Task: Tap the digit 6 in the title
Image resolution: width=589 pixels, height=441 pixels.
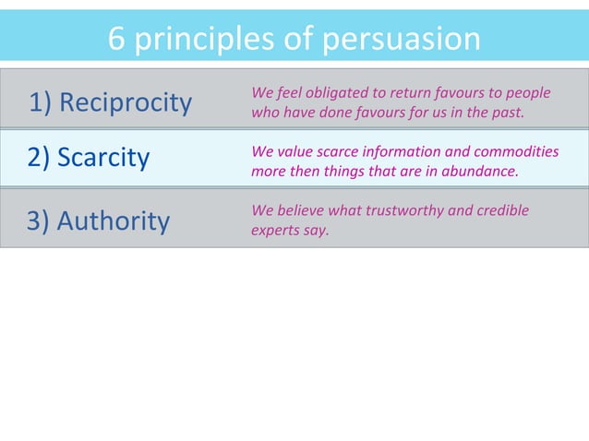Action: pyautogui.click(x=116, y=39)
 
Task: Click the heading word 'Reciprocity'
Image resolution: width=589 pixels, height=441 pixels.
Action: pyautogui.click(x=126, y=102)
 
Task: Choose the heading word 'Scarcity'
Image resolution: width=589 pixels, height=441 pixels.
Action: pyautogui.click(x=103, y=158)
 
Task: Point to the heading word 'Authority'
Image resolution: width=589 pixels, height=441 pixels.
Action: pyautogui.click(x=114, y=221)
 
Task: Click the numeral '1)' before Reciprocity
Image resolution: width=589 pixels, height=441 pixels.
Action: pyautogui.click(x=41, y=102)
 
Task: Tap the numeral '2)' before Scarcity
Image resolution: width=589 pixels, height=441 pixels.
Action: pyautogui.click(x=40, y=158)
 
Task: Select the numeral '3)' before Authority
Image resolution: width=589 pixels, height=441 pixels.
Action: pyautogui.click(x=40, y=221)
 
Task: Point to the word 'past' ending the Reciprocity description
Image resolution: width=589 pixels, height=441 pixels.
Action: pyautogui.click(x=507, y=113)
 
